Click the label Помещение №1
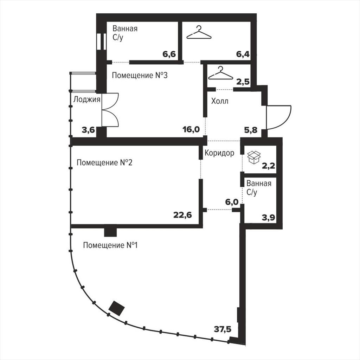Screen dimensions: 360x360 [x=110, y=245]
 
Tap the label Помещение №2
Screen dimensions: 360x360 [x=104, y=163]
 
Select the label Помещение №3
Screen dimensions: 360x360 [x=140, y=75]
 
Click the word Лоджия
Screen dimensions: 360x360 [x=87, y=99]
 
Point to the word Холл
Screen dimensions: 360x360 [x=220, y=101]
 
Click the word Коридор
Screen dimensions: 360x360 [x=219, y=153]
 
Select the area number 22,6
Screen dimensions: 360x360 [x=182, y=216]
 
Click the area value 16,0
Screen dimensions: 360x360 [x=191, y=129]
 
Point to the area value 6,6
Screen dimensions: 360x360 [x=169, y=54]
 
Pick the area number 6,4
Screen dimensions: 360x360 [x=243, y=54]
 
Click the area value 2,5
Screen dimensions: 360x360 [x=243, y=82]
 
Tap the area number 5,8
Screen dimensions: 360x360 [x=251, y=130]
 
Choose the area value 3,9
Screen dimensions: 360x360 [x=269, y=217]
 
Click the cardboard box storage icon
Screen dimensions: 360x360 [x=254, y=157]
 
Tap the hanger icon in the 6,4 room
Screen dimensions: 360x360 [x=199, y=33]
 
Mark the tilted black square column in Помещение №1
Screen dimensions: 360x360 [x=117, y=308]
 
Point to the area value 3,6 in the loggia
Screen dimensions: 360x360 [x=88, y=130]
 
